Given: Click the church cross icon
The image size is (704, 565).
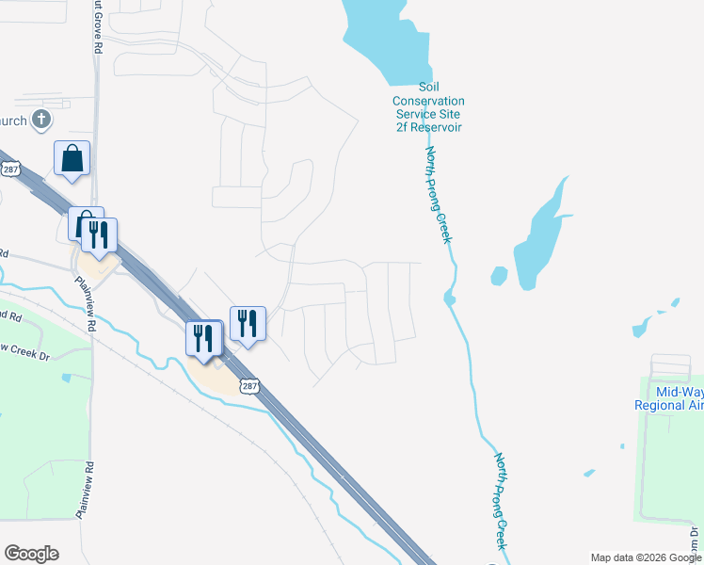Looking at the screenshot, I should (40, 120).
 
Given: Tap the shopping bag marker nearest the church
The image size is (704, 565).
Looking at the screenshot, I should (72, 159).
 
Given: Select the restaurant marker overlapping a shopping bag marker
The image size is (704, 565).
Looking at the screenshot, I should (100, 234).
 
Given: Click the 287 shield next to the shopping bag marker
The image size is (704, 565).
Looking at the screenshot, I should (10, 169).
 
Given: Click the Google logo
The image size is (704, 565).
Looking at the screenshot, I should (31, 554).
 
